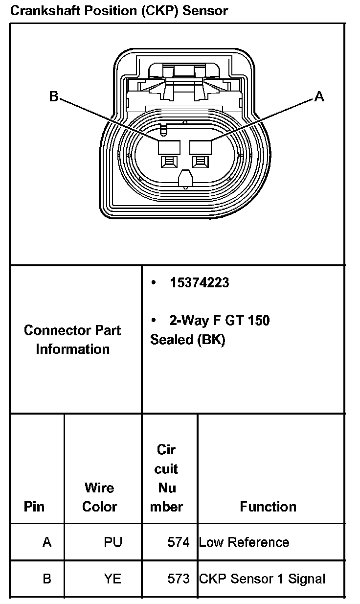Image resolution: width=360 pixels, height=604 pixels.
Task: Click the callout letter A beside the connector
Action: point(319,97)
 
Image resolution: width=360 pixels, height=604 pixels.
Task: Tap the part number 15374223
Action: point(199,282)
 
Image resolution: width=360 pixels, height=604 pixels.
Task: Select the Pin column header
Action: point(34,506)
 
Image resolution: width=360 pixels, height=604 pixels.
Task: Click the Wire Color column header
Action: point(99,497)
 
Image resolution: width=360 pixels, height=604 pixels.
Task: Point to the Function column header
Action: point(268,507)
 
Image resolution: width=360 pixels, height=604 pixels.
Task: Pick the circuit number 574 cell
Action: point(178,542)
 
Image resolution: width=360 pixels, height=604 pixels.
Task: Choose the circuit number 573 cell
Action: point(178,579)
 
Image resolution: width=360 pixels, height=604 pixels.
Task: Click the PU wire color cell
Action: point(113,542)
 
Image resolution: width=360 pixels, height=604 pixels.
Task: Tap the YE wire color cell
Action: point(112,579)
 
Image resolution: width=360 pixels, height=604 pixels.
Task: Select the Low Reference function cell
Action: point(244,542)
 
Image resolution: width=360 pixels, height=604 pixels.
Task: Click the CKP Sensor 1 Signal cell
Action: point(262,579)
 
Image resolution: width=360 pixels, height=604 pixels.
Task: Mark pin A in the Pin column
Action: point(47,542)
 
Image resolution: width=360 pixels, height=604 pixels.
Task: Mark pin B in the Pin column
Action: point(47,579)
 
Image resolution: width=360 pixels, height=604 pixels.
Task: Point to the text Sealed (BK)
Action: point(187,340)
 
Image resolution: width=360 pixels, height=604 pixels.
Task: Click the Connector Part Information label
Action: point(72,340)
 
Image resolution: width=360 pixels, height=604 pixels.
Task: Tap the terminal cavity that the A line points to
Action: point(200,147)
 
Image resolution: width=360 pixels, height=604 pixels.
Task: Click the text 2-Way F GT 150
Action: point(220,321)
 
